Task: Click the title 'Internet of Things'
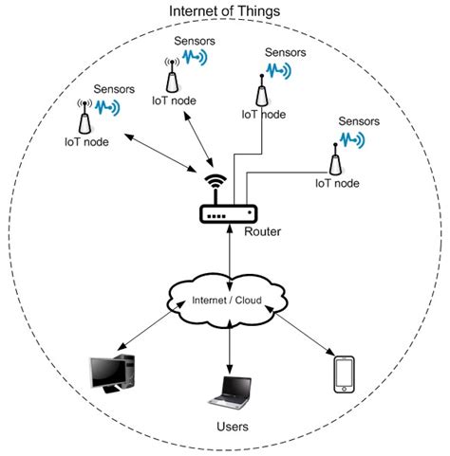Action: pyautogui.click(x=223, y=10)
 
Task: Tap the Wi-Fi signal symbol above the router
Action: pyautogui.click(x=217, y=182)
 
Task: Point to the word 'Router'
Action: pyautogui.click(x=263, y=230)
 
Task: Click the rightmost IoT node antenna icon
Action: pyautogui.click(x=334, y=155)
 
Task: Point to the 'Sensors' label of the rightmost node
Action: pyautogui.click(x=358, y=121)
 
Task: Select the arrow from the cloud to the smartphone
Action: pyautogui.click(x=303, y=337)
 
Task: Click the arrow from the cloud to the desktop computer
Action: pyautogui.click(x=147, y=337)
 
